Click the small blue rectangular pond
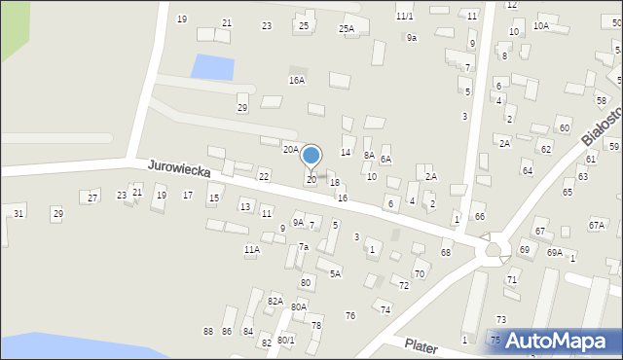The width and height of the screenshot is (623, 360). point(213,67)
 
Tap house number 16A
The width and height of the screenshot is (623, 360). point(297,81)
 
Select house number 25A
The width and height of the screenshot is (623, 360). point(347,29)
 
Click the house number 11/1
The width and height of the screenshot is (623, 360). point(404,17)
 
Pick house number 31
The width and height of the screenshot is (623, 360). point(18,213)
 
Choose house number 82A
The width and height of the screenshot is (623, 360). point(275,302)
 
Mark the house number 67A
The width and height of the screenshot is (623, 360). point(596,225)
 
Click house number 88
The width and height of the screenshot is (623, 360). point(208,332)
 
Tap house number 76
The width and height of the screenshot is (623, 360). point(350,315)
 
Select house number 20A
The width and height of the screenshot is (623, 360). point(290,149)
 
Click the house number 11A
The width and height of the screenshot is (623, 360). point(252,250)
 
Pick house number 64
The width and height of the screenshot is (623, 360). point(527,171)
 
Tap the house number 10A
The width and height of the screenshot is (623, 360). point(540,26)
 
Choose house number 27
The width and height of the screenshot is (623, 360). point(92,198)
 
